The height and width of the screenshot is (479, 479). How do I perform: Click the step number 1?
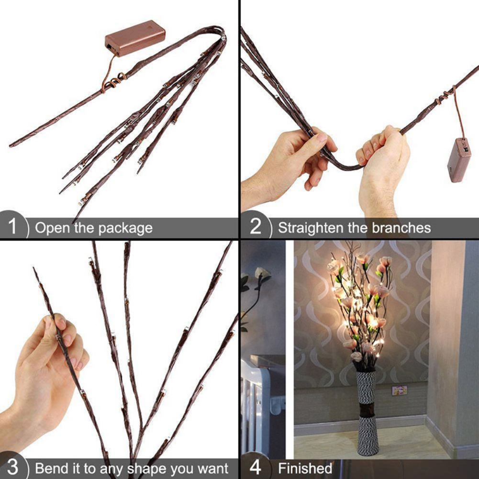click(x=13, y=227)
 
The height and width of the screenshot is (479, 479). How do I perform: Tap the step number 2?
click(x=256, y=227)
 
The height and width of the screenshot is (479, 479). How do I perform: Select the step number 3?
click(x=13, y=467)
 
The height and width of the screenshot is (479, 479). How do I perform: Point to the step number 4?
click(x=256, y=468)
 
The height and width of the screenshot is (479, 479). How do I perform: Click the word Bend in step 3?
click(x=49, y=468)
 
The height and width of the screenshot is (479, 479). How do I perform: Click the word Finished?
click(x=305, y=468)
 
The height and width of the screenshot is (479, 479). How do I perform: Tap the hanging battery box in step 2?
click(x=458, y=160)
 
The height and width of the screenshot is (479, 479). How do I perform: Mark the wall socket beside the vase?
click(x=399, y=390)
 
